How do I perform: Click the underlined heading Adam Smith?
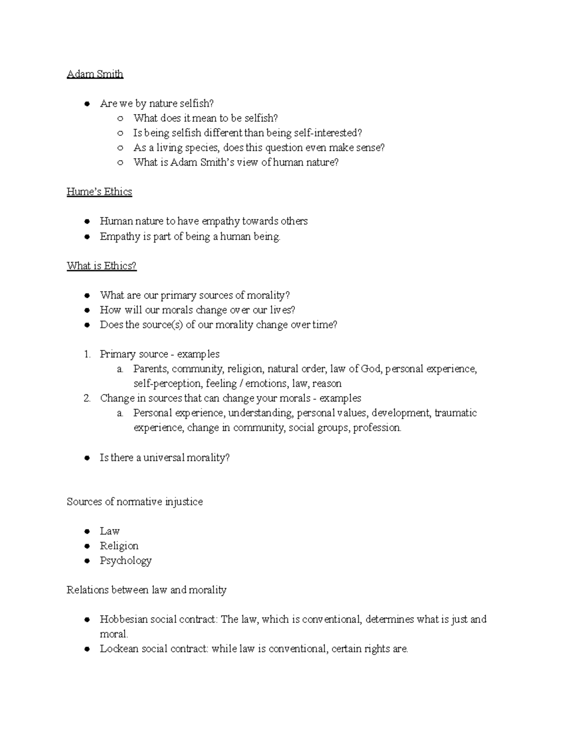pos(95,74)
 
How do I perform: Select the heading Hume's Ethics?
pos(99,192)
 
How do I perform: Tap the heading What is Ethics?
pos(101,266)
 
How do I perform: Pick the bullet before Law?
pos(87,531)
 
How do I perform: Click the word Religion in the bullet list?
pos(119,546)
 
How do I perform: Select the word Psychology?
pos(125,561)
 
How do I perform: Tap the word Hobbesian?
pos(123,620)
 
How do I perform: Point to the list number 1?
pos(87,354)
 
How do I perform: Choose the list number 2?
pos(87,398)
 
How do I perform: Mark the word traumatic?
pos(455,413)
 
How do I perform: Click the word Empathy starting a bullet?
pos(120,237)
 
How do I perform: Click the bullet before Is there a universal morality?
pos(87,458)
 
